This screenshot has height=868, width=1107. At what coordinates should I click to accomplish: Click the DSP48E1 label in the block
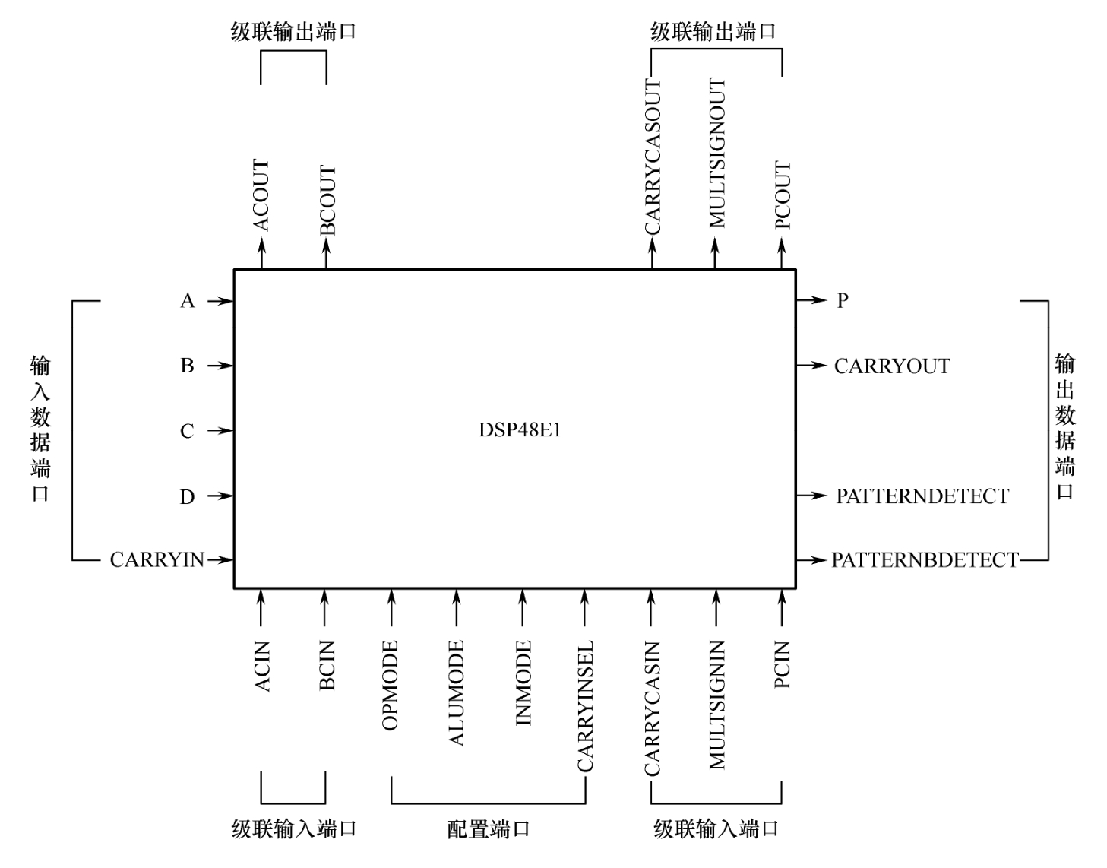(x=520, y=430)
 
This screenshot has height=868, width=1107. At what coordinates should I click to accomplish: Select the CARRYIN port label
(x=157, y=560)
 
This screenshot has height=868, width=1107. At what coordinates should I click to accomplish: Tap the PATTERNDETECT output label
(x=922, y=496)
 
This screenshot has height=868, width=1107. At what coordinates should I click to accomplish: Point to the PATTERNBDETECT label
(x=925, y=560)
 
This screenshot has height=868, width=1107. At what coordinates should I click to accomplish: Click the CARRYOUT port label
(x=892, y=366)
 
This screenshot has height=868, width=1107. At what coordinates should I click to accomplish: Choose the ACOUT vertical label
(x=261, y=195)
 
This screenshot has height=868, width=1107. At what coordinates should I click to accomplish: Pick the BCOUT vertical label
(x=327, y=200)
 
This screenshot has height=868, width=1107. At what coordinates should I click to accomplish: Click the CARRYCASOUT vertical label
(x=653, y=157)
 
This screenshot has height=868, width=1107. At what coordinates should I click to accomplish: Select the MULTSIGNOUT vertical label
(x=716, y=153)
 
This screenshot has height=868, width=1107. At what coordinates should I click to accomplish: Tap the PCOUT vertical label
(x=783, y=195)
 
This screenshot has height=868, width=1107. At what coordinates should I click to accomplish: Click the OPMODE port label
(x=391, y=686)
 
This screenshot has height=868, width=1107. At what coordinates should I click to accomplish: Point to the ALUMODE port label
(x=456, y=693)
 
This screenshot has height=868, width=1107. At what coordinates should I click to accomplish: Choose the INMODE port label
(x=523, y=683)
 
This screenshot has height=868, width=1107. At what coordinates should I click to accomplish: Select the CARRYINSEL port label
(x=585, y=707)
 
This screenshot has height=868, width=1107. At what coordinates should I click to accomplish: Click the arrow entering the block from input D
(x=220, y=496)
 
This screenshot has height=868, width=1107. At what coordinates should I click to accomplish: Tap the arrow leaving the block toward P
(x=811, y=301)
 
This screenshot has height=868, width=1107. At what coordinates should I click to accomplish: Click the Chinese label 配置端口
(x=488, y=828)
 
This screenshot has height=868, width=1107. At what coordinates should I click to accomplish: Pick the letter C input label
(x=187, y=432)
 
